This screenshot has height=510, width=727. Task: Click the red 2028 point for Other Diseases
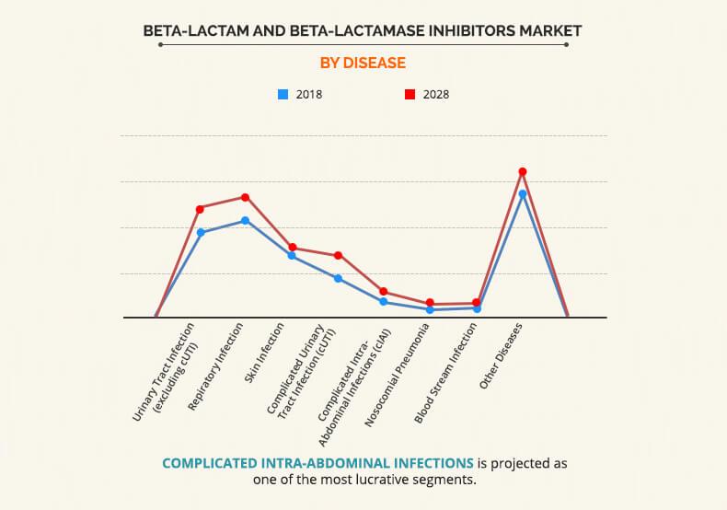tap(522, 171)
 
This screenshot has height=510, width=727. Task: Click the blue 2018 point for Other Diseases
tap(522, 194)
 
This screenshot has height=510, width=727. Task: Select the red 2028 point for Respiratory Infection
tap(246, 197)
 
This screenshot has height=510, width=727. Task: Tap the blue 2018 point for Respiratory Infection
tap(246, 221)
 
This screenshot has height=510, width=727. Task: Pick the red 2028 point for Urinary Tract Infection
tap(200, 209)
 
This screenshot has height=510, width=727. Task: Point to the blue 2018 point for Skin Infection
tap(292, 255)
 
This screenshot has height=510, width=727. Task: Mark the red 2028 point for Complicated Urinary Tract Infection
tap(338, 255)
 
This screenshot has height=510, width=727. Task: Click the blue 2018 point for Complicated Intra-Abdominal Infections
tap(384, 302)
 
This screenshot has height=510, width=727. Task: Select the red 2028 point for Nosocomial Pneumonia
tap(430, 304)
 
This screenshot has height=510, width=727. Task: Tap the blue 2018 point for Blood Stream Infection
tap(476, 308)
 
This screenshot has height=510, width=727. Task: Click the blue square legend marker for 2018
tap(283, 94)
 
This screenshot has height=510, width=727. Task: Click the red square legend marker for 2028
tap(410, 94)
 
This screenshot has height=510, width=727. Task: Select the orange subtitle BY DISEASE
tap(363, 64)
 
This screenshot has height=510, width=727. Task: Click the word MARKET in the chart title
tap(548, 31)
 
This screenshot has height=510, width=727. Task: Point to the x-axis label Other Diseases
tap(502, 356)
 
